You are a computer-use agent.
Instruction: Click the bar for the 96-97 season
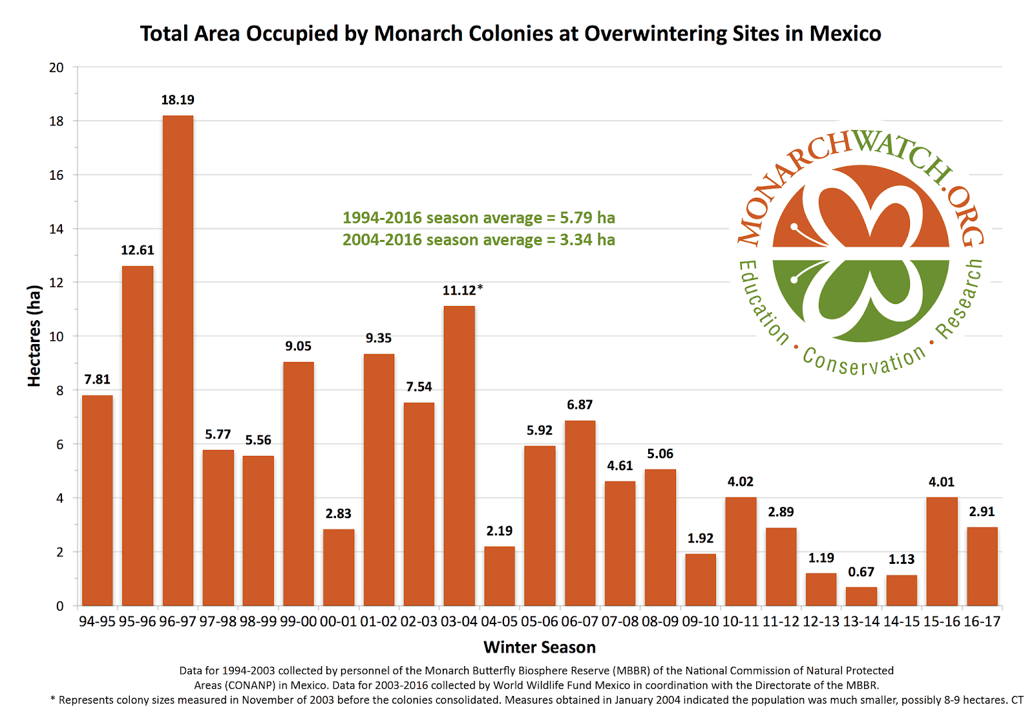pyautogui.click(x=178, y=360)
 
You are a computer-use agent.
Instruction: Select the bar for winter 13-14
pyautogui.click(x=861, y=596)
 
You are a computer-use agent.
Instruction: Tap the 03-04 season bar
pyautogui.click(x=459, y=455)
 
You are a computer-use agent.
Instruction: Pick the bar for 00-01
pyautogui.click(x=339, y=567)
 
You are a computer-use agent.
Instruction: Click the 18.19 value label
pyautogui.click(x=178, y=100)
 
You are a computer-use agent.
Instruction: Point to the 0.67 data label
pyautogui.click(x=861, y=572)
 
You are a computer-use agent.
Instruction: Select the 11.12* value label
pyautogui.click(x=462, y=290)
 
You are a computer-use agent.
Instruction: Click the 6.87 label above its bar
pyautogui.click(x=580, y=405)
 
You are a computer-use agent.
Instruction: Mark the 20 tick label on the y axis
pyautogui.click(x=57, y=67)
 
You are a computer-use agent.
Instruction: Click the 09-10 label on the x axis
pyautogui.click(x=701, y=622)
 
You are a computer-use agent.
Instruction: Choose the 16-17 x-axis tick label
pyautogui.click(x=982, y=622)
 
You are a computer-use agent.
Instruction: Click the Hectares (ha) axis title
pyautogui.click(x=34, y=336)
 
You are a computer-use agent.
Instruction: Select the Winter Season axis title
pyautogui.click(x=540, y=647)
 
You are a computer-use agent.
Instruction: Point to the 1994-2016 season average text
pyautogui.click(x=478, y=218)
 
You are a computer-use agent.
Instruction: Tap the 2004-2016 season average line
pyautogui.click(x=478, y=240)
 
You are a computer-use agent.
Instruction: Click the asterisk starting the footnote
pyautogui.click(x=52, y=700)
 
